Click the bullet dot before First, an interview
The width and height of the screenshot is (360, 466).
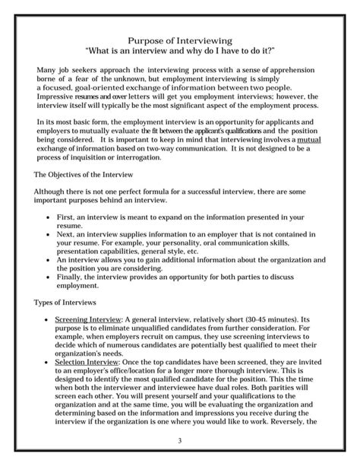coord(49,217)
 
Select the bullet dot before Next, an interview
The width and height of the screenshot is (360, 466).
coord(49,236)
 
